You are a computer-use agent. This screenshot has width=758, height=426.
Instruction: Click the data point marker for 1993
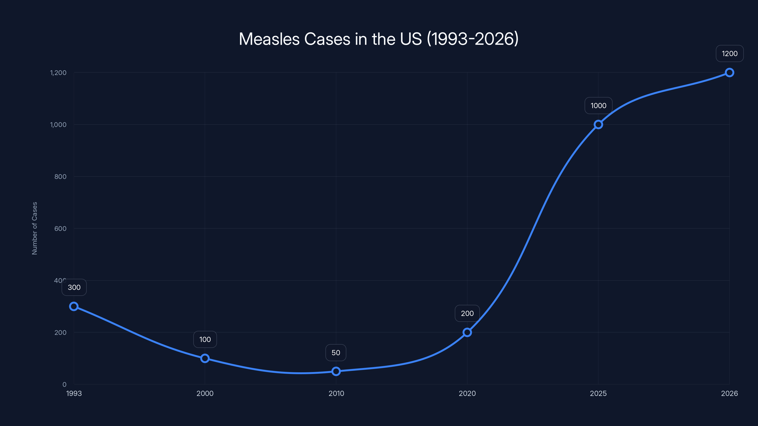74,306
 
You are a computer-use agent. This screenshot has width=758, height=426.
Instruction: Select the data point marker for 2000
205,358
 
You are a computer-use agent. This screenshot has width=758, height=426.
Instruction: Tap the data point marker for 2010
336,371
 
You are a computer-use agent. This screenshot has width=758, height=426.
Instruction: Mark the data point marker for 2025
598,125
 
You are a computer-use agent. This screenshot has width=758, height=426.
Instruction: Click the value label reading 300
74,287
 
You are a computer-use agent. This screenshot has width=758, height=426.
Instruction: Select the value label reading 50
336,352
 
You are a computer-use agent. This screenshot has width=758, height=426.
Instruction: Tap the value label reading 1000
598,106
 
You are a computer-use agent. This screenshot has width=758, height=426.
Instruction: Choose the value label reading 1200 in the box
730,53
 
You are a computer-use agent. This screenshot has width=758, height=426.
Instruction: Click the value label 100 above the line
205,339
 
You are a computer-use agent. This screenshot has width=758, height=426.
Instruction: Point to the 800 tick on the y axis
60,177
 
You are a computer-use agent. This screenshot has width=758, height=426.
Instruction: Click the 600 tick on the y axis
60,229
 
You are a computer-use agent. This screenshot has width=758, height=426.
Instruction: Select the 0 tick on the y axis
64,385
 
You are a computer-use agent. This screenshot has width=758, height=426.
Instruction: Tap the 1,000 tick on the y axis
58,125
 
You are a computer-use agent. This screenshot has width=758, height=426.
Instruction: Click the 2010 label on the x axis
336,393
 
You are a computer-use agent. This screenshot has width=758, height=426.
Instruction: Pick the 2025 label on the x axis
598,393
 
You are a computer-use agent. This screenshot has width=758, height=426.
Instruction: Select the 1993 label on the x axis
74,393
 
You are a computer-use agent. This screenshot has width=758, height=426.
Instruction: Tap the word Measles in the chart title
269,39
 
